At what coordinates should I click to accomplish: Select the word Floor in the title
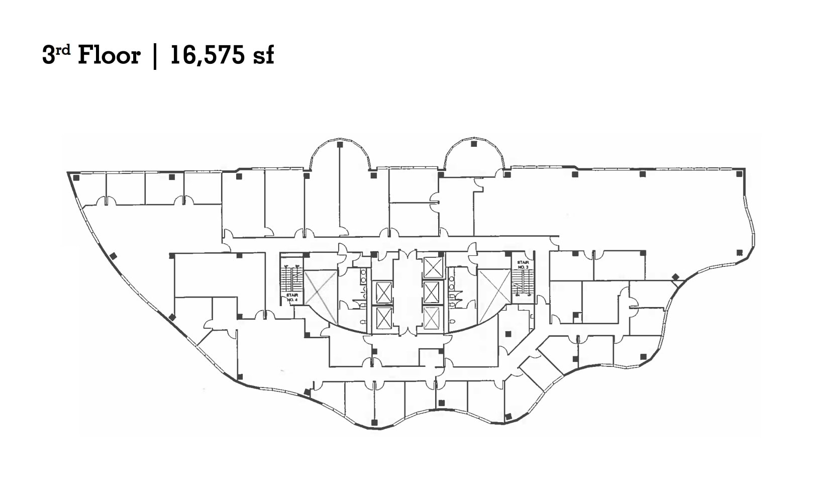[x=109, y=55]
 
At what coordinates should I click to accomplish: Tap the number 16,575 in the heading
[x=207, y=55]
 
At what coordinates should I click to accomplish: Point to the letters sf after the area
[x=264, y=55]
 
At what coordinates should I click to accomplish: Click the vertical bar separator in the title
[x=155, y=55]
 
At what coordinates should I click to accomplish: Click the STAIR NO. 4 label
[x=292, y=298]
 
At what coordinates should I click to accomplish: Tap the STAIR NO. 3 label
[x=523, y=264]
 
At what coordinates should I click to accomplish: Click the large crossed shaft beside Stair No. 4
[x=321, y=297]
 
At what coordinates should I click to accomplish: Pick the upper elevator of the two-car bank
[x=383, y=292]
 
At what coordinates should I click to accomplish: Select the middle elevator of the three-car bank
[x=433, y=292]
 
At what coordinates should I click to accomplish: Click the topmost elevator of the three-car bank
[x=433, y=267]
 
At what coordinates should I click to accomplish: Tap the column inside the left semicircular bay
[x=340, y=145]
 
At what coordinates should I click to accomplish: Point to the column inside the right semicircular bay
[x=474, y=144]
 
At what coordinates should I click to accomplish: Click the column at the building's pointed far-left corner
[x=76, y=177]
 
